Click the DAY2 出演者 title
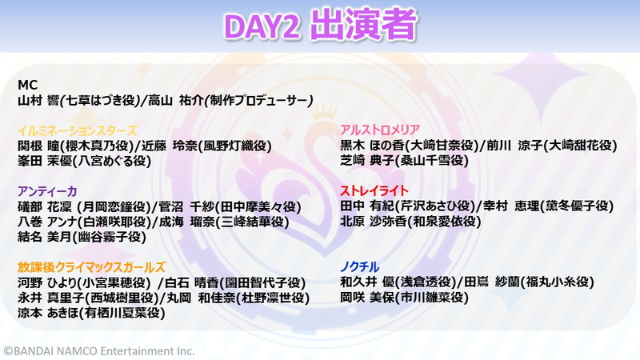coord(321,26)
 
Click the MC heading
coord(28,85)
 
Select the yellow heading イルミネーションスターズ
coord(78,130)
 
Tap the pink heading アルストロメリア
coord(380,130)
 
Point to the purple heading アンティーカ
coord(47,191)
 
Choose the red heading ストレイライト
coord(374,190)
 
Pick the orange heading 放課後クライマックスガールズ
coord(91,267)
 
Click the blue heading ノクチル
coord(359,267)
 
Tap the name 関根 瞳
coord(38,146)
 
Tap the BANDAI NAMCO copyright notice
coord(99,351)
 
